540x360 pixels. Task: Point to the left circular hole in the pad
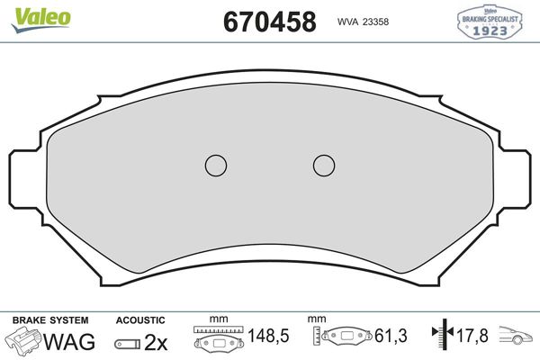(215, 165)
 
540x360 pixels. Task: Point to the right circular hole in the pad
(324, 165)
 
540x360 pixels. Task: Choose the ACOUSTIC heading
(140, 319)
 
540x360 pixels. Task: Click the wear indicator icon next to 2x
(126, 342)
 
